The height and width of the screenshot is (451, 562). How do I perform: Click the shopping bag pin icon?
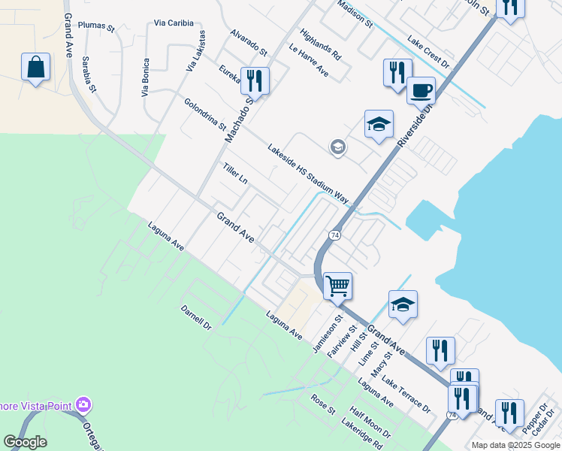[x=35, y=68]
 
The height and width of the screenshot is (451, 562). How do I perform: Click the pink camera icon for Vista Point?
[x=83, y=405]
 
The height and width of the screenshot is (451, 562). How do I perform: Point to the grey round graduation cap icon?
[x=338, y=147]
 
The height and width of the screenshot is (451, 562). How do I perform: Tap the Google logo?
[x=25, y=442]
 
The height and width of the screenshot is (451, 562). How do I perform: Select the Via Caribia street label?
[x=174, y=23]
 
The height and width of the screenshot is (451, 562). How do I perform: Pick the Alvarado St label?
[x=249, y=43]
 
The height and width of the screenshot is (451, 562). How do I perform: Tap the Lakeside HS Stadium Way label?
[x=308, y=174]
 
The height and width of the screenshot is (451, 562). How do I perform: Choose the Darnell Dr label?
[x=197, y=319]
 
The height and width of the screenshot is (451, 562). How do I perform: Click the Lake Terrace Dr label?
[x=406, y=395]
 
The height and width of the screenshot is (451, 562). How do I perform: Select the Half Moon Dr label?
[x=370, y=423]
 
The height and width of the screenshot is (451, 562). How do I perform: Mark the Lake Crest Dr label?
[x=428, y=51]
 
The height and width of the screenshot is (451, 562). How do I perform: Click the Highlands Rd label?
[x=320, y=44]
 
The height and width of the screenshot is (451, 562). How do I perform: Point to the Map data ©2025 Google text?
[x=515, y=445]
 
